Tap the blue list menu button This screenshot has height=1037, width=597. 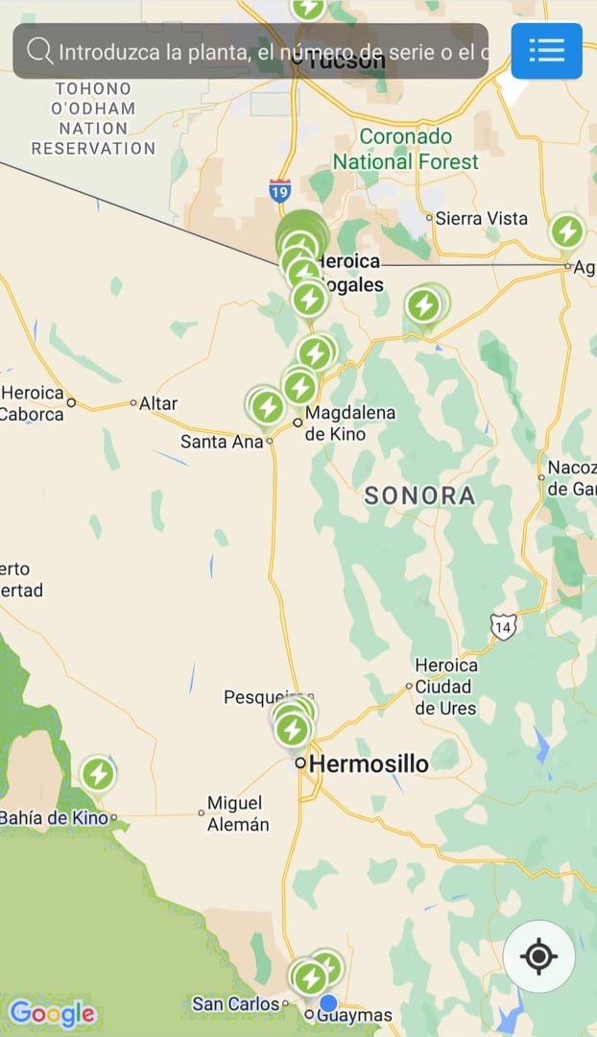[x=546, y=50]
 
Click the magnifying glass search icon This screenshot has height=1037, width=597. [x=39, y=51]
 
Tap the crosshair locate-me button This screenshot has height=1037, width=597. [x=538, y=956]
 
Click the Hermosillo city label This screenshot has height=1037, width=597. [x=370, y=764]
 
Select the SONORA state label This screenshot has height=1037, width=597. [x=420, y=495]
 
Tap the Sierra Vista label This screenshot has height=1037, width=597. [x=481, y=218]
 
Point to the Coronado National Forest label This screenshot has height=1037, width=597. [x=406, y=149]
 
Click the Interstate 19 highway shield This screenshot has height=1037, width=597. [x=279, y=190]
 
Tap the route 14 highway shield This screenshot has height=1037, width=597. [x=503, y=626]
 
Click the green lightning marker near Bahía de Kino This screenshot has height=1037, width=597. [x=98, y=774]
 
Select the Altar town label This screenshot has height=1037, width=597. [x=158, y=403]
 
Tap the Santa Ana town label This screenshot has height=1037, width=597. [x=222, y=442]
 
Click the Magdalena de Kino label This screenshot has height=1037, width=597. [x=336, y=422]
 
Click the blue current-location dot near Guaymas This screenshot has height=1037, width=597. [x=328, y=1003]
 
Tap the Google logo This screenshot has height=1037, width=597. [x=52, y=1013]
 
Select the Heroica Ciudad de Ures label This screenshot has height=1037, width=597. [x=445, y=687]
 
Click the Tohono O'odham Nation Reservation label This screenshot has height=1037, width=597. [x=93, y=119]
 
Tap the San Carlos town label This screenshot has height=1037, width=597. [x=234, y=1004]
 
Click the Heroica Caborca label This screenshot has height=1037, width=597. [x=32, y=403]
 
